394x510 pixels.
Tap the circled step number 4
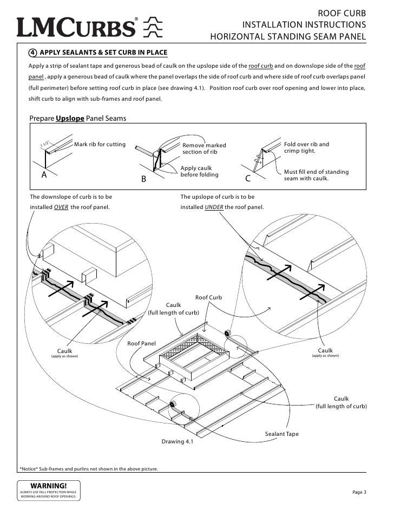pyautogui.click(x=33, y=53)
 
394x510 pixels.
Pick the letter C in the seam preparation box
pyautogui.click(x=248, y=178)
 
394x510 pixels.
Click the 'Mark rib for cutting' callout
pyautogui.click(x=100, y=145)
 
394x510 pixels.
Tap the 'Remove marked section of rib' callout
pyautogui.click(x=204, y=148)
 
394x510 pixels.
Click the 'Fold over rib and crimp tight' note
pyautogui.click(x=306, y=148)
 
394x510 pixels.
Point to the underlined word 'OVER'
pyautogui.click(x=62, y=207)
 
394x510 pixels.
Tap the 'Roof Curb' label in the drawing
pyautogui.click(x=208, y=297)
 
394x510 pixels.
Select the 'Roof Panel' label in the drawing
pyautogui.click(x=141, y=343)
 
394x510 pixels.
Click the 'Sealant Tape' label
pyautogui.click(x=281, y=434)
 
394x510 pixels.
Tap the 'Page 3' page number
pyautogui.click(x=359, y=492)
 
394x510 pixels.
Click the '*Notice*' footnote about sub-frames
pyautogui.click(x=89, y=468)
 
